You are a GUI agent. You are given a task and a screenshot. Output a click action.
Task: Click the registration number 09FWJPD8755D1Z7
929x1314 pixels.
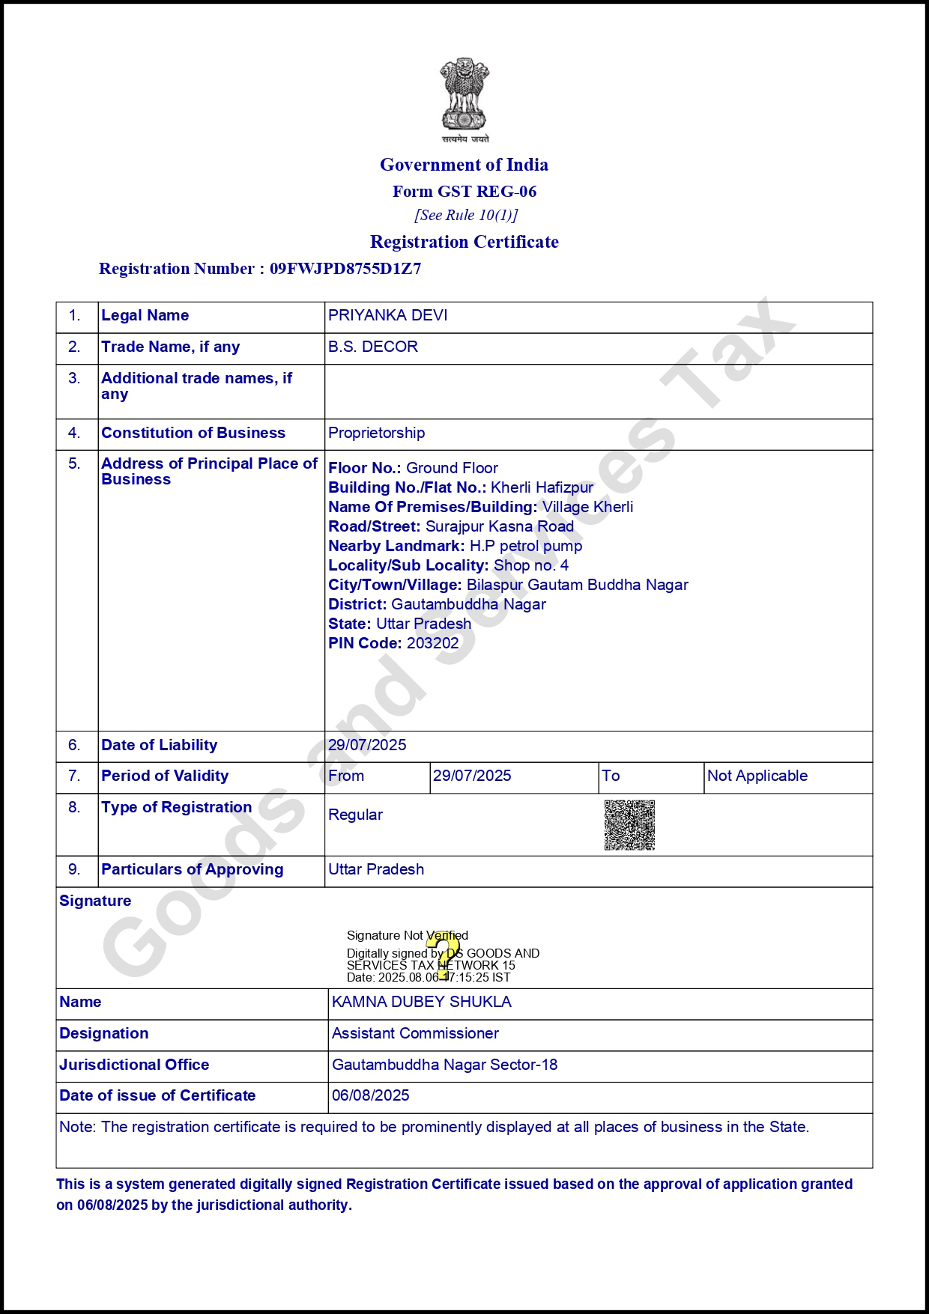tap(345, 269)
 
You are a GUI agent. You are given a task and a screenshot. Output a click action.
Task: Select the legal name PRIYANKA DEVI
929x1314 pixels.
tap(388, 315)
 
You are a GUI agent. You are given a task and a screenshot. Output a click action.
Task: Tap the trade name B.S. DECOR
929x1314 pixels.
tap(373, 347)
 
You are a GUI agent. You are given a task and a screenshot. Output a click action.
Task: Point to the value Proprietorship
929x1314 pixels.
tap(377, 433)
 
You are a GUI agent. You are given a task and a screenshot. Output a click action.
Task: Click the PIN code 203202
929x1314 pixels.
tap(432, 643)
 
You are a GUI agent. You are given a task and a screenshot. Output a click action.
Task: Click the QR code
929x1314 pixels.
tap(629, 825)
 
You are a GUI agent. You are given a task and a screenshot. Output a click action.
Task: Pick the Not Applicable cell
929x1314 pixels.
tap(757, 776)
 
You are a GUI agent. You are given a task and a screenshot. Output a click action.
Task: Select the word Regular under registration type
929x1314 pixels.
tap(356, 815)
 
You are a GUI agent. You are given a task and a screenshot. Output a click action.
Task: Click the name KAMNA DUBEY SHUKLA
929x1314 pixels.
tap(422, 1002)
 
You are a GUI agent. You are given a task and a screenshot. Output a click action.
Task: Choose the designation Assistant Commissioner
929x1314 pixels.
tap(415, 1033)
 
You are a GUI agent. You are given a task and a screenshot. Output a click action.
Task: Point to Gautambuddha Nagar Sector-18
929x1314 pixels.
tap(445, 1065)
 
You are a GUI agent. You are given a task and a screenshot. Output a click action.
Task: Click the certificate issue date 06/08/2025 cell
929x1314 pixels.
tap(371, 1095)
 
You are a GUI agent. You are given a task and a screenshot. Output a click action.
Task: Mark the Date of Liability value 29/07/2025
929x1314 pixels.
tap(367, 745)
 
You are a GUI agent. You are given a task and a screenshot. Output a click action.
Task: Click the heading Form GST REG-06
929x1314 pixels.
tap(464, 192)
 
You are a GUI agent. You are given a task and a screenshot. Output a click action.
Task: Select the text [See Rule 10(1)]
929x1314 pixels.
tap(466, 216)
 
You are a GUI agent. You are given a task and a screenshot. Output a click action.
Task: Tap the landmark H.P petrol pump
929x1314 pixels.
tap(526, 546)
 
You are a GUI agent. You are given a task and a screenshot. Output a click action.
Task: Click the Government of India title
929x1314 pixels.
tap(464, 165)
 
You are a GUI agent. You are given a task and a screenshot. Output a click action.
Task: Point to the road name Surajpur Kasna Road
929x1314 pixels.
tap(500, 526)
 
